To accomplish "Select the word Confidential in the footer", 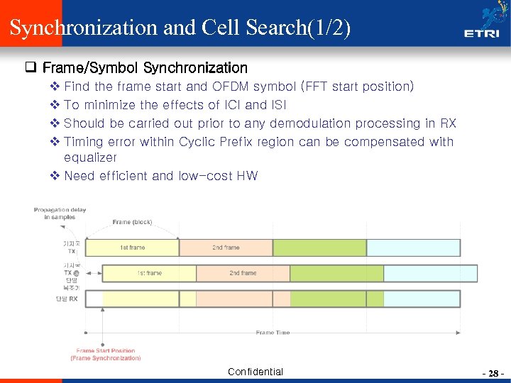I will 255,372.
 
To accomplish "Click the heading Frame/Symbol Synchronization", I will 145,68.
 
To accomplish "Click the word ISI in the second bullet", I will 279,105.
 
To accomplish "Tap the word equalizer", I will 90,157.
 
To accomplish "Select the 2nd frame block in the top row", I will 226,248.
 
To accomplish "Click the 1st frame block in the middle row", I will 149,273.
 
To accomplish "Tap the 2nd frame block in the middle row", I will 243,273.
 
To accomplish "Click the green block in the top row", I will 319,248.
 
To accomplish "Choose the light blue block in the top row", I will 411,248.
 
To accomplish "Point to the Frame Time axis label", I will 273,332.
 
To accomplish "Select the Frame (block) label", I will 132,223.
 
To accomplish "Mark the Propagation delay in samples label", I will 60,213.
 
